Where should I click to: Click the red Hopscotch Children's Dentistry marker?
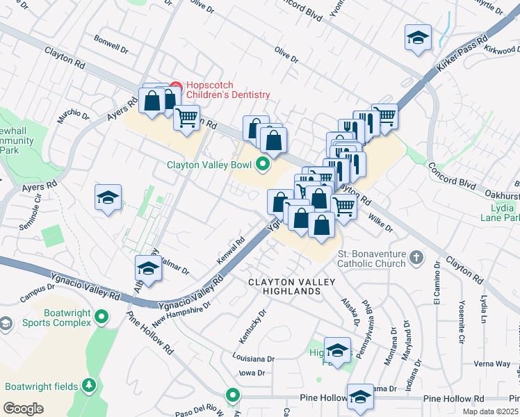tap(175, 88)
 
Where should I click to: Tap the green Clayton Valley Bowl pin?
tap(262, 165)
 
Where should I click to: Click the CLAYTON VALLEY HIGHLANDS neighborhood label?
tap(292, 286)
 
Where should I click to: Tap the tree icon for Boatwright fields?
tap(88, 385)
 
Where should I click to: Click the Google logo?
tap(23, 408)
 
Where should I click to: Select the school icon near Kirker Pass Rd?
tap(418, 38)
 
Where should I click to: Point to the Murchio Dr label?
tap(74, 117)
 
